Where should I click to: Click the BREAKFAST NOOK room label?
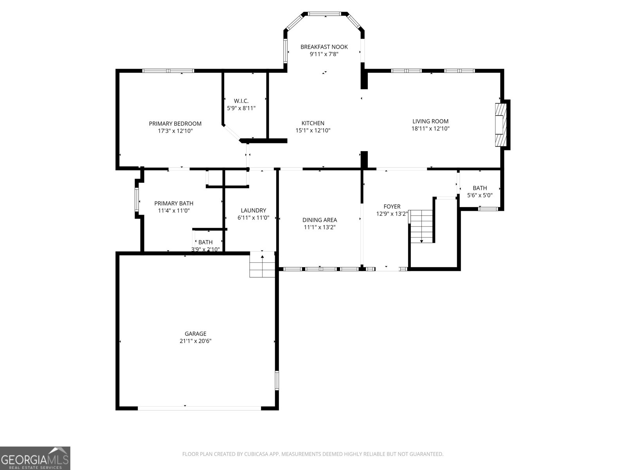click(324, 47)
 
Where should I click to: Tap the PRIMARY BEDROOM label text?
click(175, 124)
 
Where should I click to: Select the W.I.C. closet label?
click(241, 101)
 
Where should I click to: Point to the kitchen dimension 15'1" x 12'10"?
click(313, 130)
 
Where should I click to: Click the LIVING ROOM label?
click(430, 121)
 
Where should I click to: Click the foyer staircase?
click(422, 226)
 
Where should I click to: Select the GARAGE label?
click(195, 334)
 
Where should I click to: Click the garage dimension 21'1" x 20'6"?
click(195, 341)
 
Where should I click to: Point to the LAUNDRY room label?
click(253, 210)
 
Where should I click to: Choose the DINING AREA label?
click(319, 220)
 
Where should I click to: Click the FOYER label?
click(392, 206)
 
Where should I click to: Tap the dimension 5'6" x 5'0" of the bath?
click(480, 195)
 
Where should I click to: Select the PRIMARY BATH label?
click(174, 203)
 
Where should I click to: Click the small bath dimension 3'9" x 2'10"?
click(205, 249)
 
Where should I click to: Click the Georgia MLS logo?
click(35, 458)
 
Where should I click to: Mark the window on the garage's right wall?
click(277, 380)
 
